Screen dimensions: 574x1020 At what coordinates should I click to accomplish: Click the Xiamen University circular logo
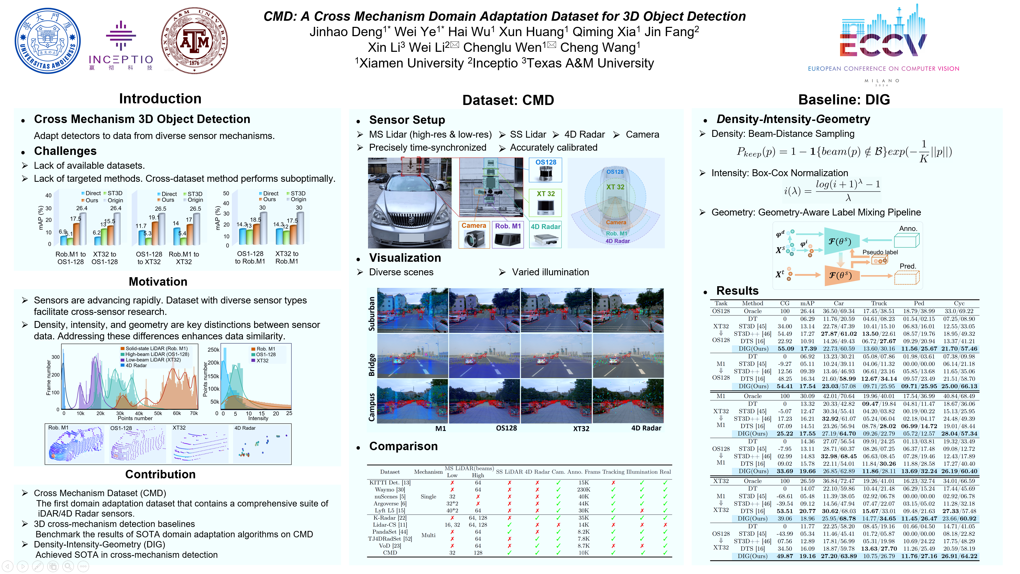(x=48, y=41)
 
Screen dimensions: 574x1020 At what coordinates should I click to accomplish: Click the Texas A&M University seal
(x=194, y=41)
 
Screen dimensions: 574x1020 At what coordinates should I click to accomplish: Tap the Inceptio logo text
(x=121, y=60)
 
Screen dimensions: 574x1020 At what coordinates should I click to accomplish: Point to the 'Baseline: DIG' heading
(x=844, y=99)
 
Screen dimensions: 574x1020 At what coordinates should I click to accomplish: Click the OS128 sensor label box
(x=545, y=162)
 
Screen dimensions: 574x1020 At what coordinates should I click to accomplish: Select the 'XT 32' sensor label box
(x=545, y=194)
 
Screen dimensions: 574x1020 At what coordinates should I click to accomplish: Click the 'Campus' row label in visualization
(x=371, y=407)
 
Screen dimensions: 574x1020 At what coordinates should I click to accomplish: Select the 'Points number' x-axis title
(x=135, y=418)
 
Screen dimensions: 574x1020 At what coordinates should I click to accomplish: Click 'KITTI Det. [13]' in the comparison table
(x=390, y=483)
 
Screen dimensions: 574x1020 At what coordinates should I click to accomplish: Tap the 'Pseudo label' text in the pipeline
(x=880, y=252)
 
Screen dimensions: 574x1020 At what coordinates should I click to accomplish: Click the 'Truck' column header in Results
(x=879, y=303)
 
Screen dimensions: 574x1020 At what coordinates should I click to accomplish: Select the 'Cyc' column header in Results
(x=959, y=303)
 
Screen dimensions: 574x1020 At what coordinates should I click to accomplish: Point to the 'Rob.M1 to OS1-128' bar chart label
(x=70, y=258)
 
